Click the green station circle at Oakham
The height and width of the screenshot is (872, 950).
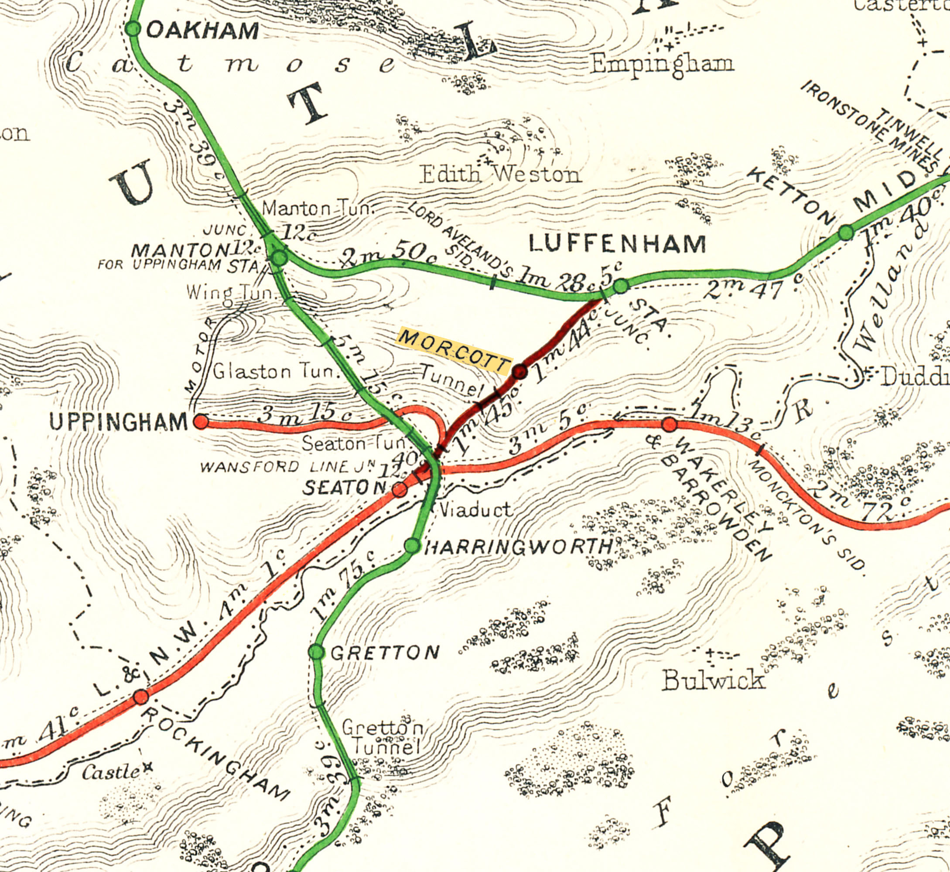[x=133, y=29]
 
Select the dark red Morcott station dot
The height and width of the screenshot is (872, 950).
[x=520, y=372]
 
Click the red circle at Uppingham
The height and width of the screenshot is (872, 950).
[x=201, y=421]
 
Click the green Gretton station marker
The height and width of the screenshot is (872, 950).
[x=317, y=652]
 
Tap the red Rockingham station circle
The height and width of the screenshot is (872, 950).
[x=140, y=697]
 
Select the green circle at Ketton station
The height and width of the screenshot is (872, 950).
[x=846, y=233]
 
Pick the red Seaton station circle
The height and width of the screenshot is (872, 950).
[x=400, y=490]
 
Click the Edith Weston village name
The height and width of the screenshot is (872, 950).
[x=500, y=174]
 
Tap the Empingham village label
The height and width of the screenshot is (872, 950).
[x=663, y=64]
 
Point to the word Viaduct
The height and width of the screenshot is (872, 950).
[x=475, y=510]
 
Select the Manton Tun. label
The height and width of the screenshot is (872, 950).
[x=318, y=208]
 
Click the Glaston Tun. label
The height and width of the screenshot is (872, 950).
[x=277, y=372]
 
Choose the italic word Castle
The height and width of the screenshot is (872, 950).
[x=111, y=772]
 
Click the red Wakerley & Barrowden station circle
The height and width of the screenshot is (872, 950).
[x=670, y=424]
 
